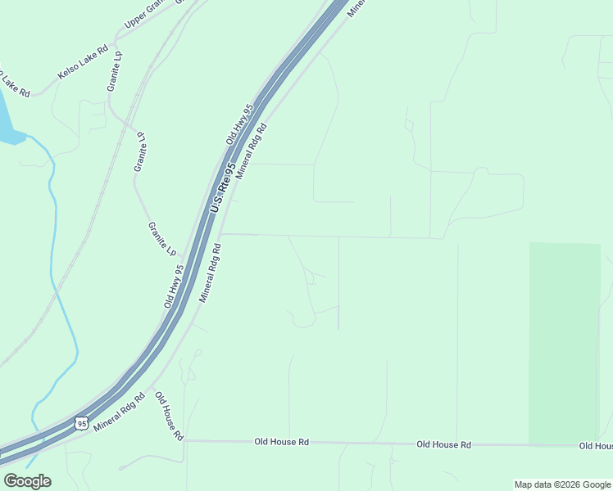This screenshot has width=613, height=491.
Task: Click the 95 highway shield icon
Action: (79, 422)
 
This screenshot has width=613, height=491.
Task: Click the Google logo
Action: (27, 480)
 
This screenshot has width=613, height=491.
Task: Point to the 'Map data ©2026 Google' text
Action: (561, 484)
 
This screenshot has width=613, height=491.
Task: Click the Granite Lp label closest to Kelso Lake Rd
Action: (114, 71)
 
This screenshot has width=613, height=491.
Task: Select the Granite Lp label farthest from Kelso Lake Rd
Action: (162, 238)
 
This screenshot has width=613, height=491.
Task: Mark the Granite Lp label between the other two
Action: (141, 151)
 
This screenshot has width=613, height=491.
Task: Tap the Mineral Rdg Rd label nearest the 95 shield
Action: (120, 412)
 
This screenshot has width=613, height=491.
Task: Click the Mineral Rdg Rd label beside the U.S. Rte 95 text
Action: (252, 152)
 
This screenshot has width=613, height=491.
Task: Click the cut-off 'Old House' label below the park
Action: (595, 445)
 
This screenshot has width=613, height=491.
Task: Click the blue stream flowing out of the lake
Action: (52, 245)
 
